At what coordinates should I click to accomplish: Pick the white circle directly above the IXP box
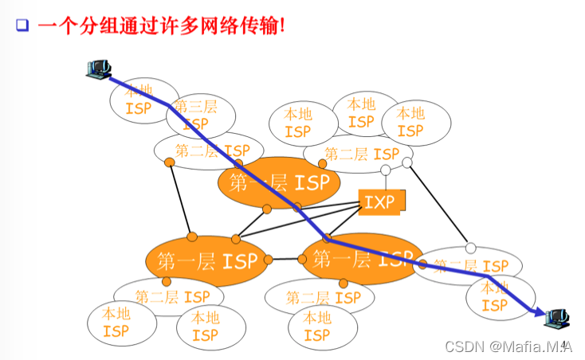click(x=385, y=170)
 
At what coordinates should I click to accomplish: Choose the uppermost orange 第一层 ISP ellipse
click(x=279, y=182)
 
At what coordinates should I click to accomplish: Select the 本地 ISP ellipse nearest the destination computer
click(x=494, y=295)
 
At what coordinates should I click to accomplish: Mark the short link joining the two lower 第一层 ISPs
click(x=285, y=259)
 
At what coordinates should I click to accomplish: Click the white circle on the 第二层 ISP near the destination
click(x=470, y=248)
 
